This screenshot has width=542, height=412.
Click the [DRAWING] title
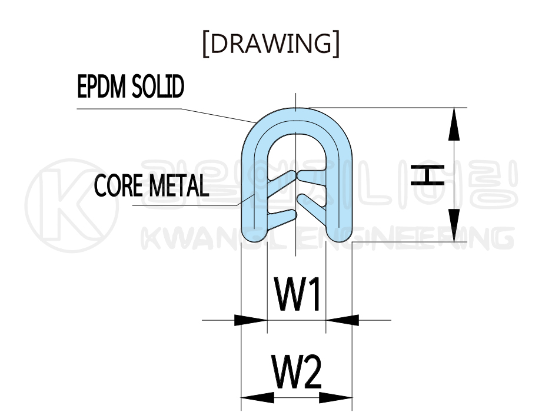click(271, 44)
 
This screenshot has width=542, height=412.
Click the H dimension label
click(427, 175)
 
